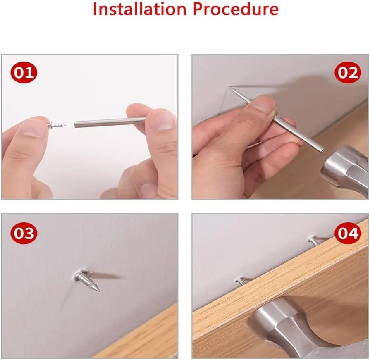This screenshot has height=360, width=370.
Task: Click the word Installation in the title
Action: point(140,9)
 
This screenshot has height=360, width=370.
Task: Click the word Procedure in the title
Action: point(236,9)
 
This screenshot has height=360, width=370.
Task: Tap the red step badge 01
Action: point(24,72)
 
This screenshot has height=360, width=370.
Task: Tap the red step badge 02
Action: point(348,72)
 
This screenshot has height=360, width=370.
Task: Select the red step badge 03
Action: point(24,233)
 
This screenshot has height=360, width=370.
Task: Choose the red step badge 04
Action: point(348,233)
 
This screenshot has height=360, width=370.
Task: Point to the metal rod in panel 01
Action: point(110,122)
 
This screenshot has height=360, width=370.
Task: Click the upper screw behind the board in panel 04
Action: point(313,241)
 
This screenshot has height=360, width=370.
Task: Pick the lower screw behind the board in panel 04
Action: point(241,281)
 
